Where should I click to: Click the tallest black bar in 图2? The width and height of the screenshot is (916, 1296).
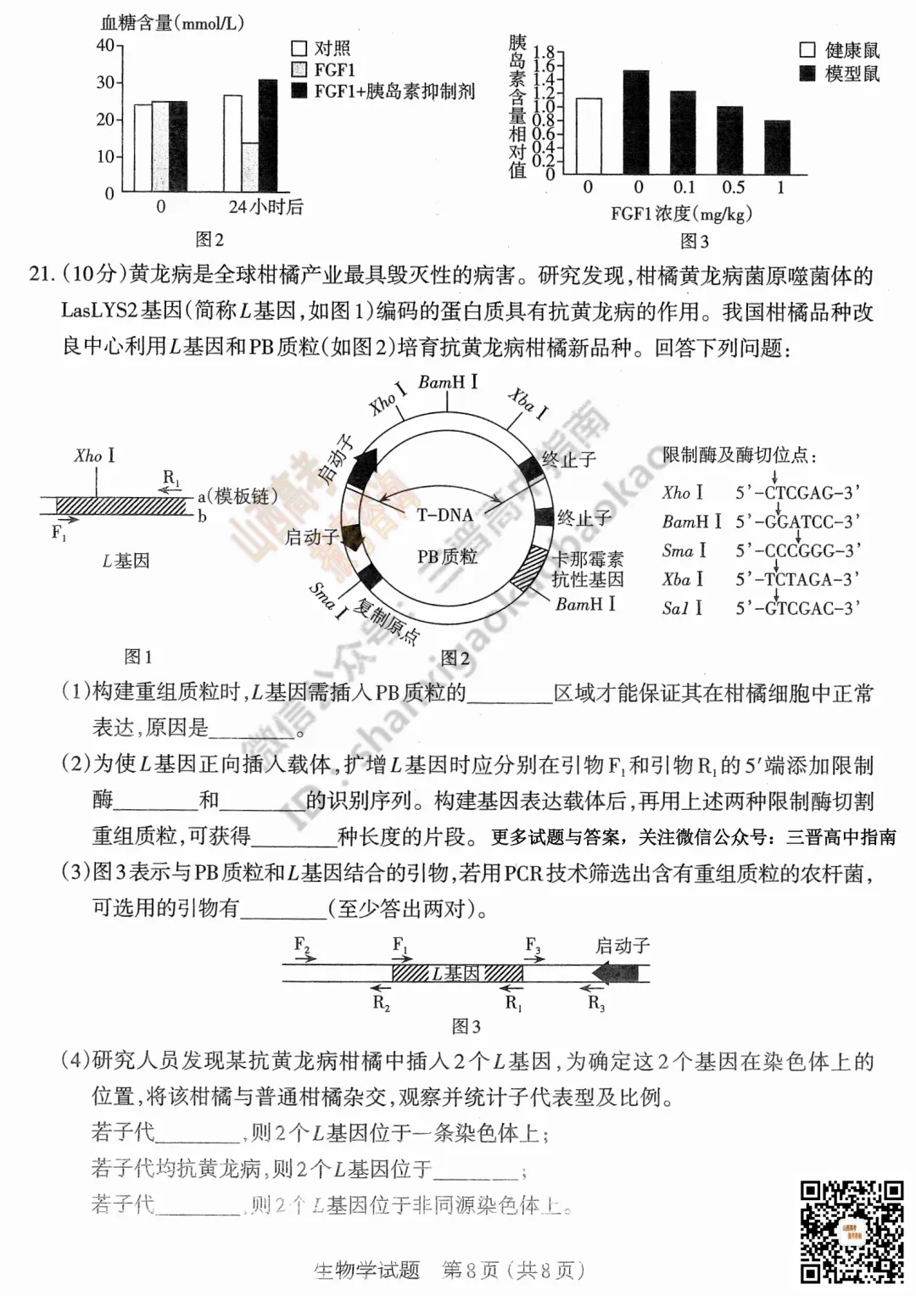point(267,136)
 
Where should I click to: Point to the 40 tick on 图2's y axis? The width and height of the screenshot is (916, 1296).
point(106,45)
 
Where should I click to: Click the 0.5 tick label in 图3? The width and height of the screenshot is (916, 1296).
point(733,188)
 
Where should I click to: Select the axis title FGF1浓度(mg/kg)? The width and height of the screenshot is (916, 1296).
point(681,214)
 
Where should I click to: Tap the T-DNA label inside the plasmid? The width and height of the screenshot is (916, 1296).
point(444,515)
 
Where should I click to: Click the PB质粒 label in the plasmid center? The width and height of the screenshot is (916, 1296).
point(447,556)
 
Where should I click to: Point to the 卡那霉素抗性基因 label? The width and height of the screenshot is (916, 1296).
point(588,569)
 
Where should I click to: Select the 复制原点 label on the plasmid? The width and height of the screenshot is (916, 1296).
point(387,622)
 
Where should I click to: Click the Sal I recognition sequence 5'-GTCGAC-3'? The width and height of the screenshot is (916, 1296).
point(797,608)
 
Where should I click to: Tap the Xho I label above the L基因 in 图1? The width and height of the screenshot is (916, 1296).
point(94,456)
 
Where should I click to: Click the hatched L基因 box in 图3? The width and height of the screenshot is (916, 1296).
point(457,973)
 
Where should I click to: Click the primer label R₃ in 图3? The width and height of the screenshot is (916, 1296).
point(596,1003)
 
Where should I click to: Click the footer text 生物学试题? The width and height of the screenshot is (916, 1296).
point(367,1270)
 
